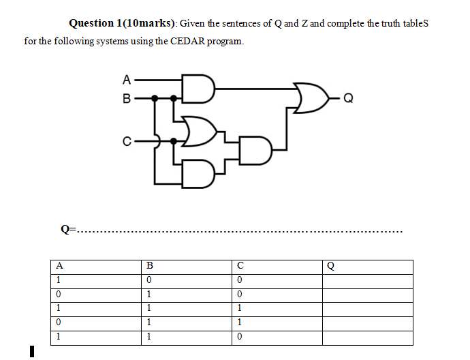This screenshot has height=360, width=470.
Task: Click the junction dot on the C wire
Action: tap(174, 141)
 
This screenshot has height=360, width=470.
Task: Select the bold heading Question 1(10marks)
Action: tap(123, 23)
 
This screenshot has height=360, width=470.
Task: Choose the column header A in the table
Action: tap(60, 266)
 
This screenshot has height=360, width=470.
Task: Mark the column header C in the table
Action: tap(240, 266)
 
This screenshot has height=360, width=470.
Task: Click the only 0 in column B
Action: tap(148, 280)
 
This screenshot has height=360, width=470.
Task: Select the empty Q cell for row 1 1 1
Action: tap(368, 309)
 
